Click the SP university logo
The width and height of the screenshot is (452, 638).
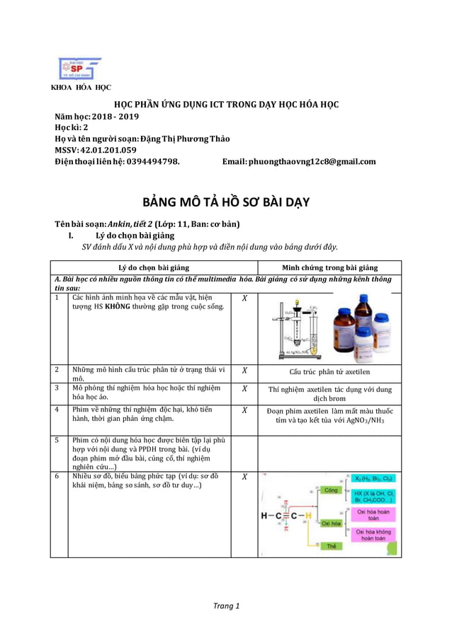(x=79, y=69)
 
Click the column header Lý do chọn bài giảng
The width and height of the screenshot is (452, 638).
(x=154, y=267)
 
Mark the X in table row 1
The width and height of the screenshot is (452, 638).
(x=244, y=298)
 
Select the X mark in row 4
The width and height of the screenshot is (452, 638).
(x=244, y=410)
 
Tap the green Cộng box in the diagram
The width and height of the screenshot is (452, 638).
(x=330, y=489)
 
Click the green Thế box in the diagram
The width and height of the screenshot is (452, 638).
(x=331, y=546)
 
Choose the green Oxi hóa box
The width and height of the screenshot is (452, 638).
(x=331, y=523)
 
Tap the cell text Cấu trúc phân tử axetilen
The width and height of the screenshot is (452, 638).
(x=329, y=371)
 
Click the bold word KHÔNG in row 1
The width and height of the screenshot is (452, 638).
(x=115, y=306)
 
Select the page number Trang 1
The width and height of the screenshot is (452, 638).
(x=226, y=605)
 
